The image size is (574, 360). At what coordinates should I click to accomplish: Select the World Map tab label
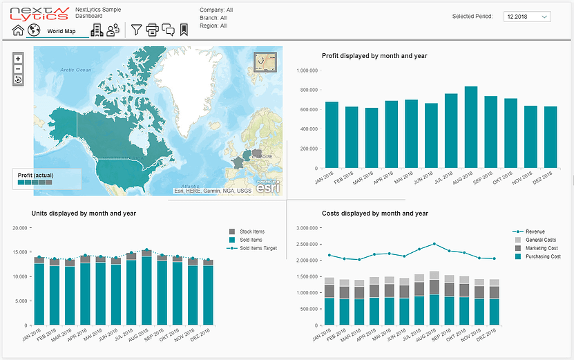coord(61,31)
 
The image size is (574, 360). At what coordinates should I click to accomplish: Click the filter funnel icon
coord(137,30)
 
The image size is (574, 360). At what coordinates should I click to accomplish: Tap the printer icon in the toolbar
coord(152,30)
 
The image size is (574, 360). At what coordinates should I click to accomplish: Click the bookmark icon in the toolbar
coord(184,30)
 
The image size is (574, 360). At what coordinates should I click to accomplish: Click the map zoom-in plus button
coord(19,59)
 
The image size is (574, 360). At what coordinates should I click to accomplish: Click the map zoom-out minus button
coord(19,69)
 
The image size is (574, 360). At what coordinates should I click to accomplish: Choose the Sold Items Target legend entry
coord(258,248)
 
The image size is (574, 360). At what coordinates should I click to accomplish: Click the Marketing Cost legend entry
coord(540,248)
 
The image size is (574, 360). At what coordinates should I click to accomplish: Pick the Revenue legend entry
coord(535,231)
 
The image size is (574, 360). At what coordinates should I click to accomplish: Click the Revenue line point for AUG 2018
coord(434,243)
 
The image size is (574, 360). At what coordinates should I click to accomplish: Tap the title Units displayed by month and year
coord(84,214)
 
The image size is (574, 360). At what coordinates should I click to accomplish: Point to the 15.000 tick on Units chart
coord(19,252)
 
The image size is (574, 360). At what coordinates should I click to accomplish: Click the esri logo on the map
coord(268,187)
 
